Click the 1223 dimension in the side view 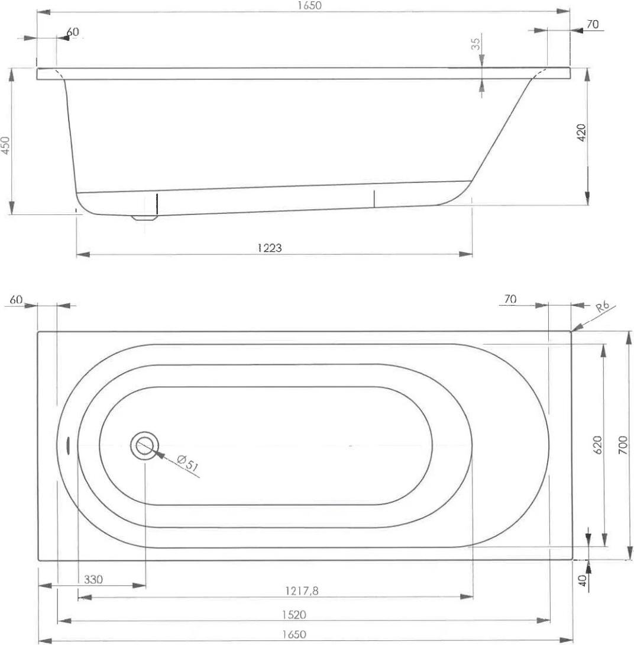270,247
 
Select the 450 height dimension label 5,145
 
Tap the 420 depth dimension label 581,133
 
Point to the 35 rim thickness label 475,44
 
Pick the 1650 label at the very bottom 294,634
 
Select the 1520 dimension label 294,615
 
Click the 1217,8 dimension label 302,591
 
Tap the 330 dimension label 93,579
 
